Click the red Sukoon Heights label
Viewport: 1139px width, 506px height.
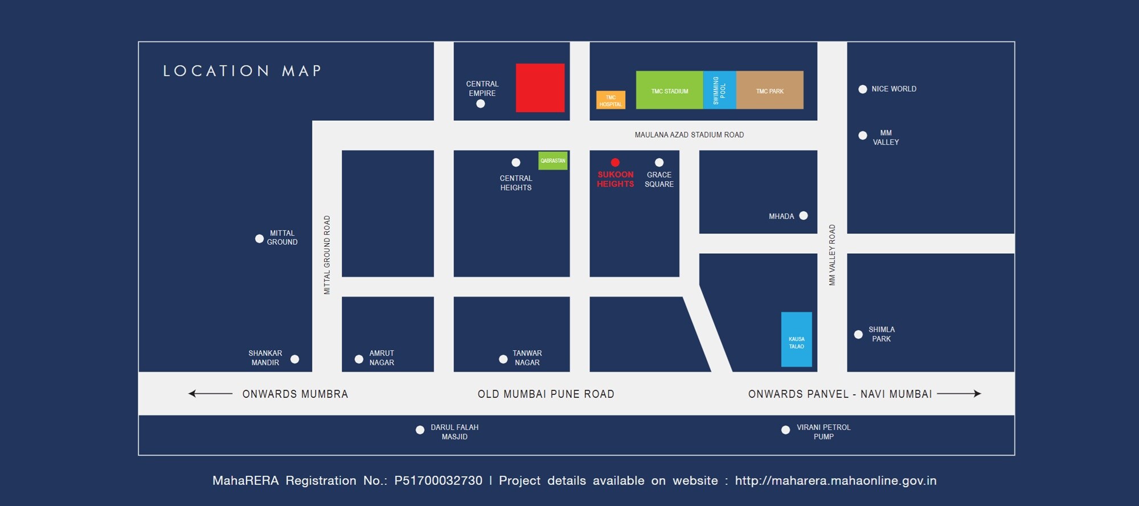click(615, 179)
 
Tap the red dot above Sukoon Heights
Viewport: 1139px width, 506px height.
click(615, 163)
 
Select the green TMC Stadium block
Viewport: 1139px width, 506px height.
click(669, 90)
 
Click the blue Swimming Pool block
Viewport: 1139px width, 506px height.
click(719, 90)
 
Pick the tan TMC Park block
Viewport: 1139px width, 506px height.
click(769, 90)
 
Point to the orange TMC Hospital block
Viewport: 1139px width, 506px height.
click(611, 100)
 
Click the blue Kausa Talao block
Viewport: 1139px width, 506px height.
click(796, 340)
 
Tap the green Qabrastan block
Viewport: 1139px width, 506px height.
click(552, 161)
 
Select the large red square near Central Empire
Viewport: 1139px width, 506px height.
click(540, 88)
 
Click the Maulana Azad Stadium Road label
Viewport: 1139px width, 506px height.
click(689, 135)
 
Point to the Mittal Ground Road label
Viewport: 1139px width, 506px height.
click(327, 254)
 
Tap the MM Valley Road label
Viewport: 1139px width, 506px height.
click(832, 254)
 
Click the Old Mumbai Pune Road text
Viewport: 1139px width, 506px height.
click(546, 394)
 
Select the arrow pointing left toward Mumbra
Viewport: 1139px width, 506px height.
click(210, 393)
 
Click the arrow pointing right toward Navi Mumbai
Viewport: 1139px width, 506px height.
click(959, 393)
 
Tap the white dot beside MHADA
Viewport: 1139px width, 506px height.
click(804, 216)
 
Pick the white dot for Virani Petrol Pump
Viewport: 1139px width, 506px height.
click(785, 430)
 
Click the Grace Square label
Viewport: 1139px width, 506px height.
click(659, 179)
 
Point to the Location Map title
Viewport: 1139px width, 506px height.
click(242, 71)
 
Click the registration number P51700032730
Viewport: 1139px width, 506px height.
click(438, 481)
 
